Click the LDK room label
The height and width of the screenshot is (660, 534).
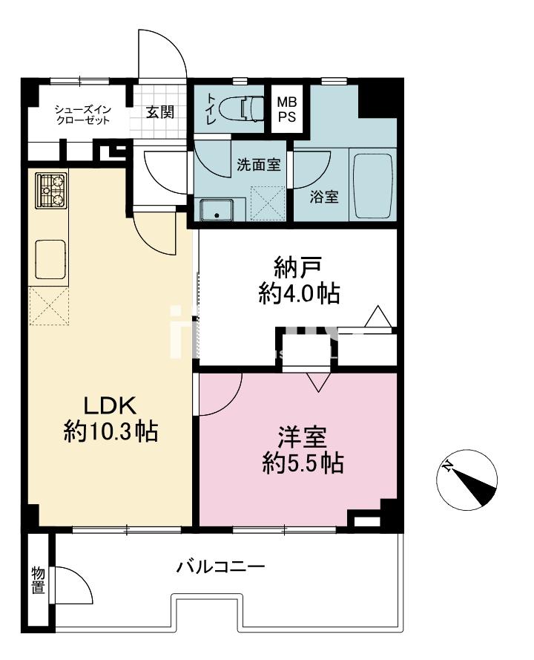(x=111, y=406)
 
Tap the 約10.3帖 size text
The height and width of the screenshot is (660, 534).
(x=111, y=431)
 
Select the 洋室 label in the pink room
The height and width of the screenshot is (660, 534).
(x=303, y=437)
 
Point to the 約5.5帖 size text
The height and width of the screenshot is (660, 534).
(x=303, y=463)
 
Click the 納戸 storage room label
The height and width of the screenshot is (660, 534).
(x=298, y=267)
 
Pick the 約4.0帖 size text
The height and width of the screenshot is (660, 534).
(x=299, y=293)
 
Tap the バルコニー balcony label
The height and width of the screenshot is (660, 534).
(x=220, y=566)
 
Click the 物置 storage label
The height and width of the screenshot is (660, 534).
(x=39, y=580)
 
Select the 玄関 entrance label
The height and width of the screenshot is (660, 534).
(x=159, y=112)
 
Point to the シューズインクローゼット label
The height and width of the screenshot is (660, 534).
(x=83, y=115)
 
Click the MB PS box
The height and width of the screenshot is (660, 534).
(x=287, y=109)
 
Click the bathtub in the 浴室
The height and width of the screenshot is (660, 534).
(x=372, y=186)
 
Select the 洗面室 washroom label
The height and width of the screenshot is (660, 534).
(x=259, y=165)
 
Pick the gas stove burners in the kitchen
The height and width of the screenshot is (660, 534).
(x=52, y=190)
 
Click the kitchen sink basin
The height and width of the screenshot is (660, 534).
(x=50, y=259)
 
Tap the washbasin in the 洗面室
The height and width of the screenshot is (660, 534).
(x=217, y=210)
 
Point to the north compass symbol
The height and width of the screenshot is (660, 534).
(x=467, y=480)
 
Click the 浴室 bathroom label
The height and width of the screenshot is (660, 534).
(x=324, y=197)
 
